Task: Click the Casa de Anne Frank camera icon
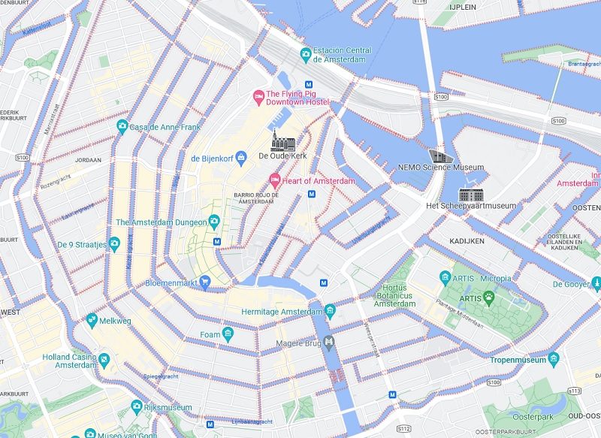(122, 126)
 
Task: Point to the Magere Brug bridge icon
(329, 343)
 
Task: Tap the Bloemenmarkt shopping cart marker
(204, 283)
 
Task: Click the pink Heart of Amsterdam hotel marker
(275, 180)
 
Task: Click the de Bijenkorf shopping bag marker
(241, 158)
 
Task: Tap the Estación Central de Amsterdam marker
(306, 54)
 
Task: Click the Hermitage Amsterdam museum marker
(330, 311)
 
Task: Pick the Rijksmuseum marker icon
(137, 406)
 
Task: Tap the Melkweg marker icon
(92, 320)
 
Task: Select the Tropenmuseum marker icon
(554, 358)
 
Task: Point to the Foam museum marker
(228, 334)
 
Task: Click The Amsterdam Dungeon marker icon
(213, 222)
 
